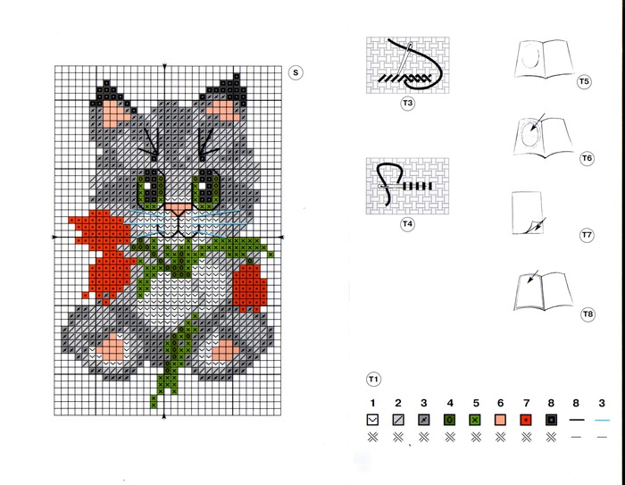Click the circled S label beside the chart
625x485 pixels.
pos(296,72)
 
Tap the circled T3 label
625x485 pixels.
pos(407,104)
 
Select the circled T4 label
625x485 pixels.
pos(407,224)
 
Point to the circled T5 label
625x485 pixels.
pos(584,82)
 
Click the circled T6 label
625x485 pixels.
pos(587,158)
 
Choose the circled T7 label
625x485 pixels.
pos(587,235)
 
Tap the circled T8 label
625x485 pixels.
pos(587,314)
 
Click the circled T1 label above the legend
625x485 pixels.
pos(373,379)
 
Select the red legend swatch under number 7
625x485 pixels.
pos(526,420)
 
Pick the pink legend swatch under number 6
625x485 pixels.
pos(500,420)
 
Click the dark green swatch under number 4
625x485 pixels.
pos(450,420)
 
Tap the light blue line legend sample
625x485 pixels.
pos(602,420)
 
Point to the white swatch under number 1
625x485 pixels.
pos(372,420)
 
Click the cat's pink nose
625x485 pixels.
pos(179,209)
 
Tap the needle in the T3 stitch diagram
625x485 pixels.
pos(404,60)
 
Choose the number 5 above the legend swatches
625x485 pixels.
pos(476,403)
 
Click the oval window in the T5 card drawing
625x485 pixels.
pos(531,57)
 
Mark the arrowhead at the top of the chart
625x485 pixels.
pos(164,67)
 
